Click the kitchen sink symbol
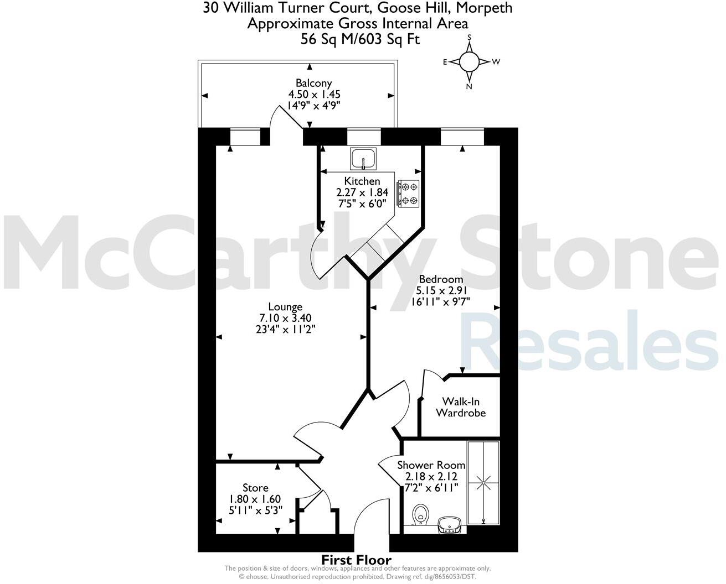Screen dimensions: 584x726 363,159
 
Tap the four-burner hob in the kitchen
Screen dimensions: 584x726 408,194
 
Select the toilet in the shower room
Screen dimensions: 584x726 421,515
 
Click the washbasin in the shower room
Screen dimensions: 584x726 449,525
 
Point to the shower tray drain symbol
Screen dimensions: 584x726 483,483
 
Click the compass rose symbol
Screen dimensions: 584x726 469,62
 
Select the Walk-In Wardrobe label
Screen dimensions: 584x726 461,408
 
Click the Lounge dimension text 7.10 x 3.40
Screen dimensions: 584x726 285,318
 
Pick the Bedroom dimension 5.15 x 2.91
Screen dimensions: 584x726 441,290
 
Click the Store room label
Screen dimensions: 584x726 255,488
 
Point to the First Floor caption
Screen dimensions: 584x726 357,560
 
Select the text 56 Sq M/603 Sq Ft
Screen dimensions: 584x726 360,39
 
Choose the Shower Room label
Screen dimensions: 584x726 431,465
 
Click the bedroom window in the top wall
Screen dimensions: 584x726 462,136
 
